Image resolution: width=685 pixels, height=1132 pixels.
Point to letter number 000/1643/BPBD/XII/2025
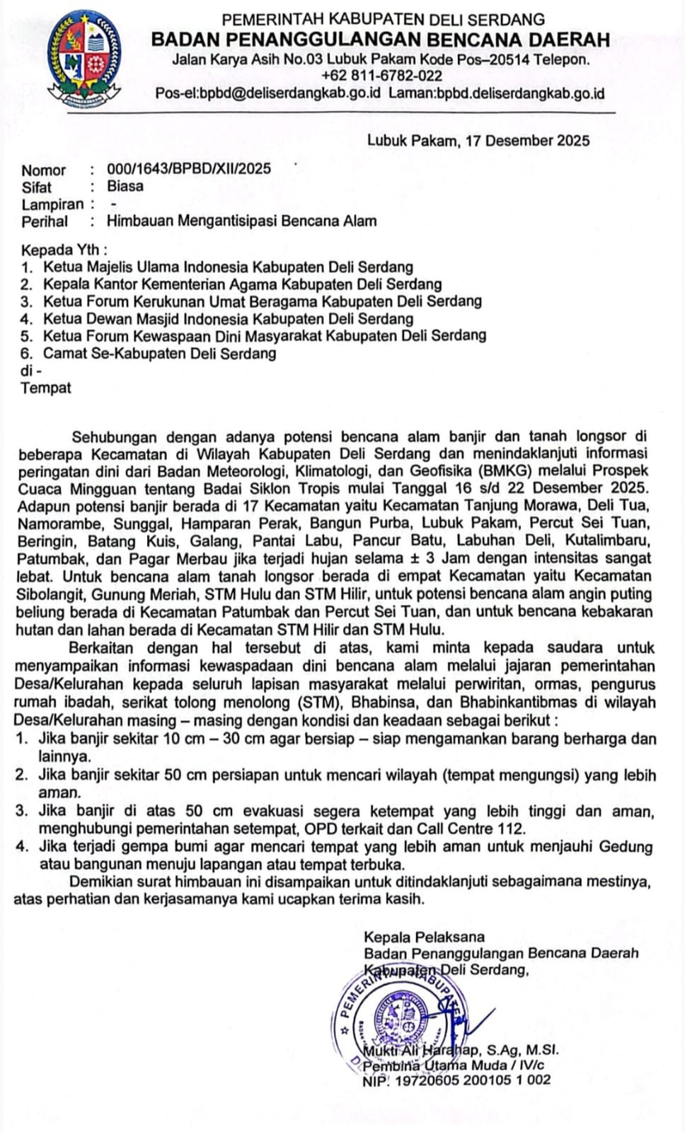(x=189, y=169)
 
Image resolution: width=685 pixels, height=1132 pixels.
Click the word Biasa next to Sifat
(x=125, y=186)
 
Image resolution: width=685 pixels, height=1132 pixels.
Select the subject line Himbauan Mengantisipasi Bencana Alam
(x=241, y=221)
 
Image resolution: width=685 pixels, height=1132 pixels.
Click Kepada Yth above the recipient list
(x=64, y=250)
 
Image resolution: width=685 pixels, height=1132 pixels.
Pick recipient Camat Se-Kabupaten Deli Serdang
(x=159, y=353)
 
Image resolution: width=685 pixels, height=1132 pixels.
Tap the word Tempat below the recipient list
(x=46, y=388)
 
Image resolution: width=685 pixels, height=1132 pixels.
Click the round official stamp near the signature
(x=404, y=1018)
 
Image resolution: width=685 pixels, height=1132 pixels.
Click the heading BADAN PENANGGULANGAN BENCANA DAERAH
(x=381, y=40)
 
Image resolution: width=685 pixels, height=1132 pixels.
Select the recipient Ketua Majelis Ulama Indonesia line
(x=228, y=267)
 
